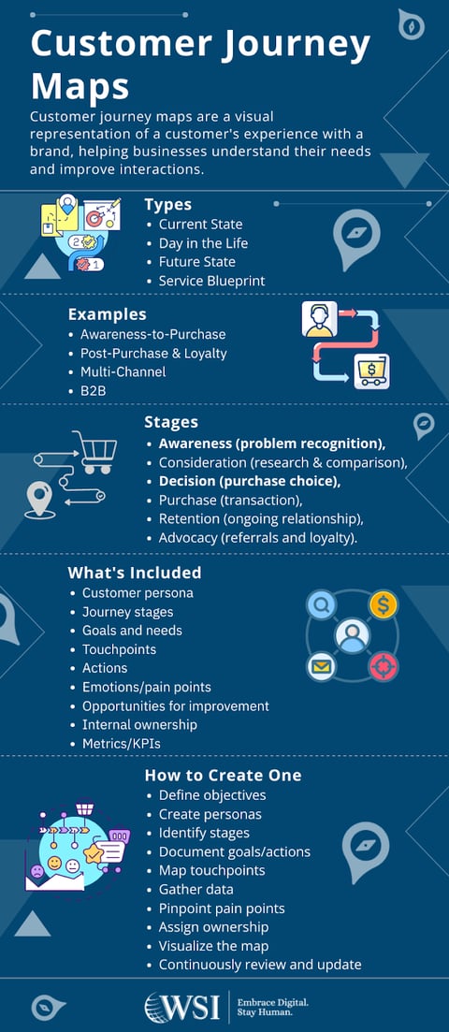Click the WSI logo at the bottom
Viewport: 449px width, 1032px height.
click(x=182, y=1007)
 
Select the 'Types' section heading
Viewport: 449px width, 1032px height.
click(x=168, y=204)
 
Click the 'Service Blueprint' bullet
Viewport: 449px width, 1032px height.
click(x=211, y=281)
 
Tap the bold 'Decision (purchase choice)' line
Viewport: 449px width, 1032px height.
click(x=249, y=481)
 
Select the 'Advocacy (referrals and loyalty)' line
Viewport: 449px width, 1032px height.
click(x=258, y=538)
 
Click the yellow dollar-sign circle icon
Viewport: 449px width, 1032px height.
click(x=383, y=604)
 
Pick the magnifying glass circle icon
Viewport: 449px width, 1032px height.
click(x=322, y=605)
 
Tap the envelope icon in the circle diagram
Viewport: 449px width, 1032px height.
click(x=321, y=666)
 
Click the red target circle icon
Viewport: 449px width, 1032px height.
click(x=383, y=666)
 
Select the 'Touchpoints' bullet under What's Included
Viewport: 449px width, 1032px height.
click(x=119, y=649)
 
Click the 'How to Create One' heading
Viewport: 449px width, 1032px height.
click(x=223, y=776)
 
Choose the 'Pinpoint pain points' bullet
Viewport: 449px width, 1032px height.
click(x=222, y=908)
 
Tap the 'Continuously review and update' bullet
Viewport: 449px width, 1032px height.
click(x=260, y=965)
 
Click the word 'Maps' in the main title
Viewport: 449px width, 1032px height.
click(x=80, y=86)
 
